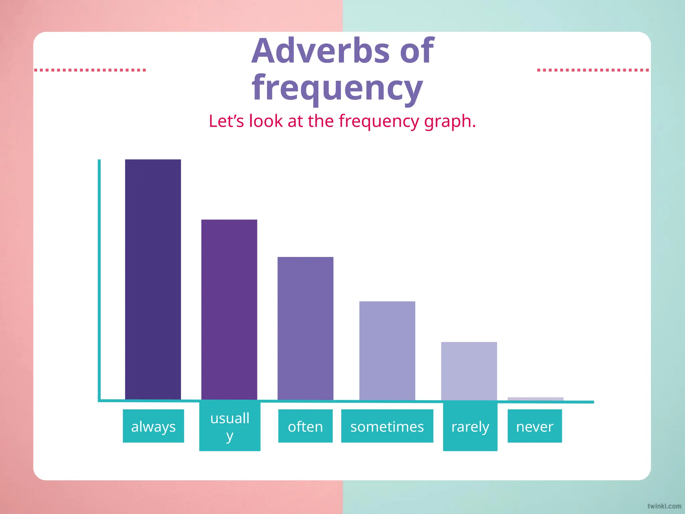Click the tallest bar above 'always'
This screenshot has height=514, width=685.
153,279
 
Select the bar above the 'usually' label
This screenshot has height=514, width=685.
229,310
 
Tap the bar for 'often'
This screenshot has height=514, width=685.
305,328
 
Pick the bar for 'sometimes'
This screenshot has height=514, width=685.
387,350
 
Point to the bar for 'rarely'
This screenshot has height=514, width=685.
469,371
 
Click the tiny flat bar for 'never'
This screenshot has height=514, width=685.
535,399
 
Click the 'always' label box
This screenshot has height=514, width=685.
153,426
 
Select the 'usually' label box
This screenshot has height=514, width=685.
230,427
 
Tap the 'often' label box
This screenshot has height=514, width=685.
305,426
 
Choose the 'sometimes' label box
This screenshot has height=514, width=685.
387,426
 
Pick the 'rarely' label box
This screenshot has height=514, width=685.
470,427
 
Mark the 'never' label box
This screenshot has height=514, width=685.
534,426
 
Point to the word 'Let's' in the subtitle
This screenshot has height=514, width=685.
226,121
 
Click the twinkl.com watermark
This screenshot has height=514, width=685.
664,506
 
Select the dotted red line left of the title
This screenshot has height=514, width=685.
90,70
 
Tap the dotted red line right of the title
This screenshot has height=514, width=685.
593,70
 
